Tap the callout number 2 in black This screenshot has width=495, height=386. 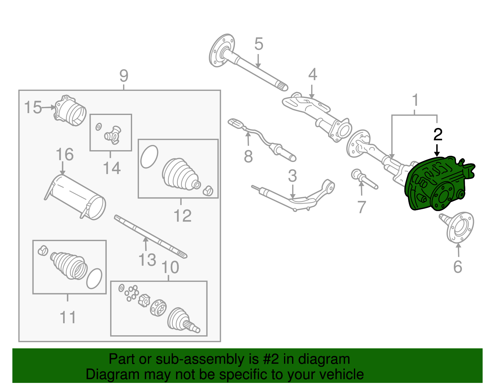click(x=437, y=135)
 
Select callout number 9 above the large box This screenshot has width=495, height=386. click(x=124, y=76)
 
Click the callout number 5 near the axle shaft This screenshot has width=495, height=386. click(x=259, y=44)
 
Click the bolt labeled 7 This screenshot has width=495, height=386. click(x=365, y=180)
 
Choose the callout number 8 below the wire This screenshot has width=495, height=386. click(x=248, y=156)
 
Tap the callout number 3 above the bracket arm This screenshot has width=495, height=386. click(x=292, y=176)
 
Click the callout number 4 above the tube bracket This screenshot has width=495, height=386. click(x=312, y=74)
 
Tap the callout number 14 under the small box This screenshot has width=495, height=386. click(x=111, y=168)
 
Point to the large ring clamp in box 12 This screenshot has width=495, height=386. click(x=149, y=156)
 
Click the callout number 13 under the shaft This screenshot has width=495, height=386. click(x=147, y=260)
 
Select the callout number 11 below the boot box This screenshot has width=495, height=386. click(x=68, y=317)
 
